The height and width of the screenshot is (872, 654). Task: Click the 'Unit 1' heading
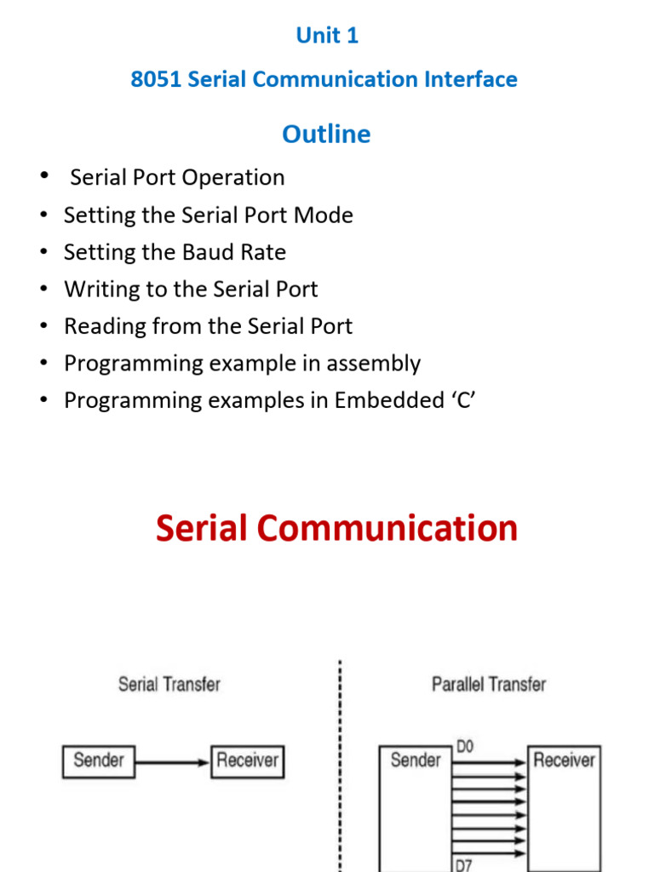(x=327, y=35)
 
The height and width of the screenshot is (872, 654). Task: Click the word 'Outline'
(x=326, y=134)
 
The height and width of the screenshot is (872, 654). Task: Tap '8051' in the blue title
(x=155, y=79)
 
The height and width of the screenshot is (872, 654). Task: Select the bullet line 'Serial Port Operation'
(x=177, y=177)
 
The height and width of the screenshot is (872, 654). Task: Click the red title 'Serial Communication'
(x=336, y=528)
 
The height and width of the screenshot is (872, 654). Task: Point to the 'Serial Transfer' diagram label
(x=169, y=684)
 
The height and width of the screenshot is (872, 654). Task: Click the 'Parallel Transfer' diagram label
(x=489, y=684)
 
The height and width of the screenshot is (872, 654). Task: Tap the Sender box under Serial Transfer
(x=99, y=760)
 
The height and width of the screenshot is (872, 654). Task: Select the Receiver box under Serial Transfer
(x=247, y=760)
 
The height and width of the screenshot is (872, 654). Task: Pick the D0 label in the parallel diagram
(x=465, y=747)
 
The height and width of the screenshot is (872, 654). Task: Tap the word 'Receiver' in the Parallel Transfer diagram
(x=564, y=760)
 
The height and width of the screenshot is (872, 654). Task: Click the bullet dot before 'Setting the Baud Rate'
(x=43, y=252)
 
